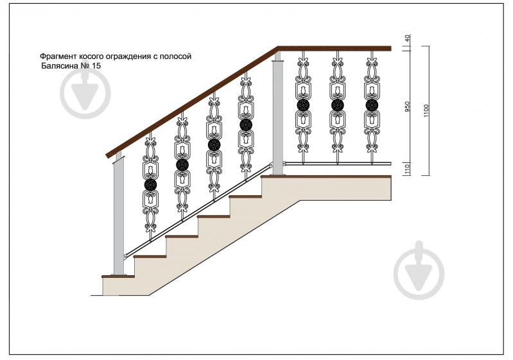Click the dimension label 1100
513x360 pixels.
click(426, 111)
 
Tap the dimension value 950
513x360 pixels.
click(407, 107)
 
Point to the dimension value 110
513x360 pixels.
click(407, 169)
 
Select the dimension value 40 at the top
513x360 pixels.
click(407, 39)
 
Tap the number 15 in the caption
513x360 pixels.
click(96, 65)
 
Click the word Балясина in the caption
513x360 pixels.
click(60, 65)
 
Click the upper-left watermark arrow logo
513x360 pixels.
click(85, 94)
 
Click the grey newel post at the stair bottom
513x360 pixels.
click(118, 216)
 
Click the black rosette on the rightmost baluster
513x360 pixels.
click(372, 105)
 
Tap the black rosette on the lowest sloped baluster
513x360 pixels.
click(150, 185)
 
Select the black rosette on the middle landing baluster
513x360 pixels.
click(337, 105)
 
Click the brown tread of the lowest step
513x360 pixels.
click(118, 277)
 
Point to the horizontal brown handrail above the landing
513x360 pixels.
click(335, 49)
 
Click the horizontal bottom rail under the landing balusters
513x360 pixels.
click(337, 163)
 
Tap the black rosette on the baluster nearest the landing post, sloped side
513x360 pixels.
click(246, 124)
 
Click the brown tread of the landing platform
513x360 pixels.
click(326, 176)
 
